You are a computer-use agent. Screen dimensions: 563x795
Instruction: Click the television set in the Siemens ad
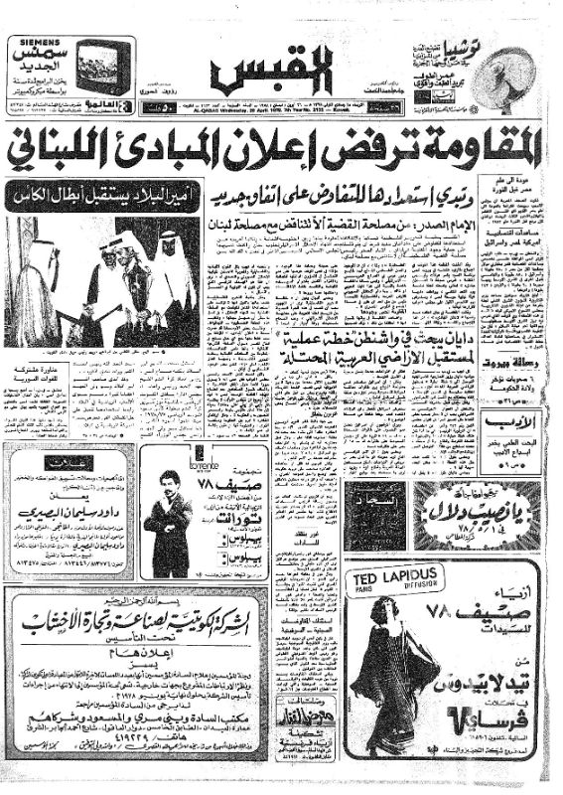[x=104, y=67]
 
